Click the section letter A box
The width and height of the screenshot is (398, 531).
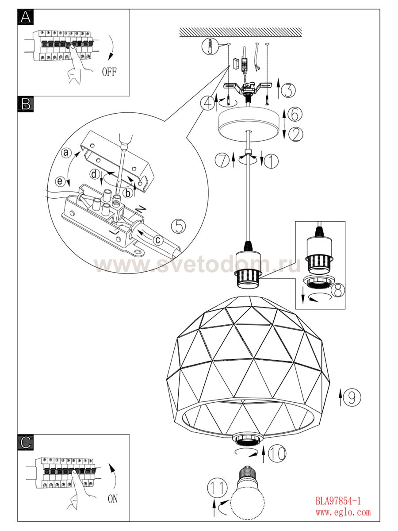(x=26, y=17)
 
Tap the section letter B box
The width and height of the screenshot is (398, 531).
(x=26, y=104)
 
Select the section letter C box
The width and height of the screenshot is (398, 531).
(x=26, y=442)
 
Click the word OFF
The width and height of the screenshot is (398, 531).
(x=109, y=72)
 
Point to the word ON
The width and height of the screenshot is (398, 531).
(x=113, y=499)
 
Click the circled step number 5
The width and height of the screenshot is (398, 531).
(x=179, y=226)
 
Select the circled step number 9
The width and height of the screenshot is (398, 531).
(x=352, y=397)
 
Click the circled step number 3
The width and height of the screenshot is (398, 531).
(x=288, y=91)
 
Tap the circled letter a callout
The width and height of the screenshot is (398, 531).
(x=66, y=153)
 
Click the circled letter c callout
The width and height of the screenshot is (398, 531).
(x=158, y=240)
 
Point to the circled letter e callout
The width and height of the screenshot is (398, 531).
(x=60, y=181)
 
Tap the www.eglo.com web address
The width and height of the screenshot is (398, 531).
(x=343, y=512)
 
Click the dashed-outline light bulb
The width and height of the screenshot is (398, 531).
(x=247, y=498)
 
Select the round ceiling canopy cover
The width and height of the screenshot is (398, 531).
(x=249, y=124)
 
